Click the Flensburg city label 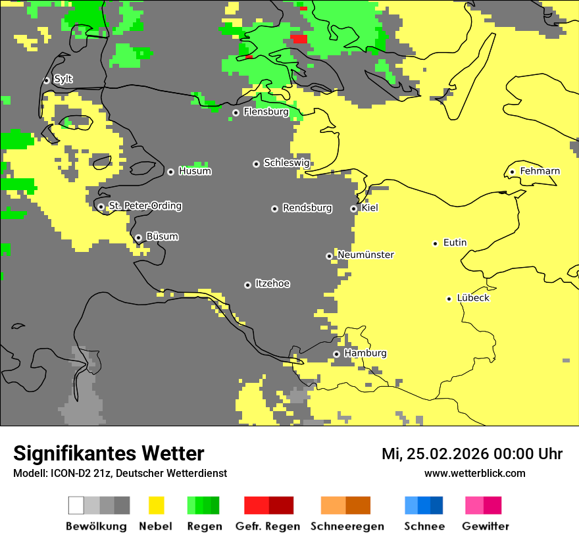266,112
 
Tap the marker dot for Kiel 353,209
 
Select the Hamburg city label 365,353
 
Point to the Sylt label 63,79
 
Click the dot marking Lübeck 449,299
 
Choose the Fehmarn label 540,171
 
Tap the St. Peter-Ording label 145,206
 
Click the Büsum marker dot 138,237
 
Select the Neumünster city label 366,255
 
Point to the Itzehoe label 272,284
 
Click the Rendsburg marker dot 274,209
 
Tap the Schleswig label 286,162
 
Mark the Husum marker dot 170,172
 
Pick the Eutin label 455,243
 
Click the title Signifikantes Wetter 109,453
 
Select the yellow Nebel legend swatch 156,505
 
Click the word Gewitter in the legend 485,526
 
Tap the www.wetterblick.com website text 474,473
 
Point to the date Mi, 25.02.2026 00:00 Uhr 472,454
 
